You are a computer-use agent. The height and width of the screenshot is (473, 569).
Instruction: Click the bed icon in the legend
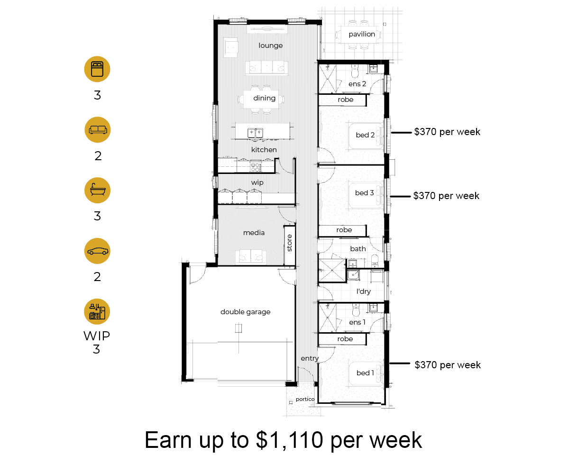97,69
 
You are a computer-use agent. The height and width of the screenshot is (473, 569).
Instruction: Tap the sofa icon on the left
98,130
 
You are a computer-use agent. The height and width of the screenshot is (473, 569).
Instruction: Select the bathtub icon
97,190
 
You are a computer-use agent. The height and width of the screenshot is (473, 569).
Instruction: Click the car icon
97,251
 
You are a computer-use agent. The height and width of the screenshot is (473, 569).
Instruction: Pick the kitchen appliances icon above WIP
97,311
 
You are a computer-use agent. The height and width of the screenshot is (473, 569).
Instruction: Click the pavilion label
362,34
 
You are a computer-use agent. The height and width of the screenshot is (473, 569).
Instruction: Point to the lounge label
271,45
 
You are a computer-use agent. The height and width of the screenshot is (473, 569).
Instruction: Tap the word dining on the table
264,98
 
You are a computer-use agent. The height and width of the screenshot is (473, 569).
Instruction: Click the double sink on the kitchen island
256,133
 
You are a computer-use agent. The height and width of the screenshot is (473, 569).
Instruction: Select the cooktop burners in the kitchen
256,167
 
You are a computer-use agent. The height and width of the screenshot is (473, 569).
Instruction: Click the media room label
254,233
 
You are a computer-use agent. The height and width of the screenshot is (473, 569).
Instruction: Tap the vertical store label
289,243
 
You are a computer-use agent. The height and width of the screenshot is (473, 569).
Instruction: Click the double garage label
245,312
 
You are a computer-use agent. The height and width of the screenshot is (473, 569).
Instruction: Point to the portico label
305,399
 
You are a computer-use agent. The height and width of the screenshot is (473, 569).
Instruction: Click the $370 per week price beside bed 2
447,132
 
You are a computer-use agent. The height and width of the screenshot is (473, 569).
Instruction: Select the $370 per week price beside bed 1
448,365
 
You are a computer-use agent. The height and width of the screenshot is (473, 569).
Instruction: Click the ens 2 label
357,84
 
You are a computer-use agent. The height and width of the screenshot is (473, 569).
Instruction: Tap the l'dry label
364,291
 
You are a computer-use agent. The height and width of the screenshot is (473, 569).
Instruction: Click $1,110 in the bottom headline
289,440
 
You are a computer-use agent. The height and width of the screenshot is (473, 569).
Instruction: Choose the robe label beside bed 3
344,230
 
